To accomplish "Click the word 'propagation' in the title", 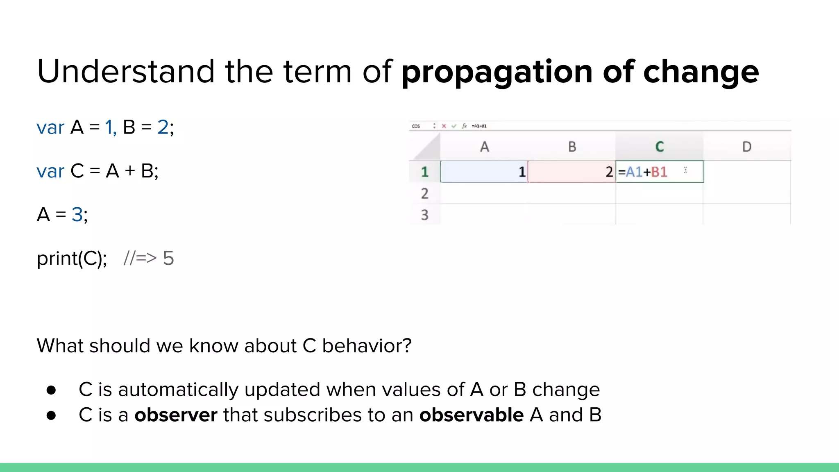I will pos(497,73).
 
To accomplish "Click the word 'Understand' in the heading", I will pos(125,71).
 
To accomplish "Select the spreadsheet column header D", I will pos(746,147).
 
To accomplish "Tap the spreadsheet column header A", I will pos(484,147).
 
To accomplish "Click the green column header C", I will pos(659,147).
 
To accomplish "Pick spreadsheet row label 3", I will pos(424,215).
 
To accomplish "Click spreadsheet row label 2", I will pos(424,193).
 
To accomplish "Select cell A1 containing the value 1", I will pos(484,172).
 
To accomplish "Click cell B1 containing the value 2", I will pos(572,172).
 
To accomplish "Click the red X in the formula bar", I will pos(444,126).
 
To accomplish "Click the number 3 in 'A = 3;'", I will pos(77,214).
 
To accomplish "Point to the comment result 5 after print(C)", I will pos(168,258).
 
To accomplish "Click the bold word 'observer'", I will pos(176,415).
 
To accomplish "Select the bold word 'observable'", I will pos(471,415).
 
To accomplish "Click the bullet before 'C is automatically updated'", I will pos(51,390).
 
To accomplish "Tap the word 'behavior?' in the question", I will pos(367,346).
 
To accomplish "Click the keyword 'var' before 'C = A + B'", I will pos(50,171).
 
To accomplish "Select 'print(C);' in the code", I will pos(72,259).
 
